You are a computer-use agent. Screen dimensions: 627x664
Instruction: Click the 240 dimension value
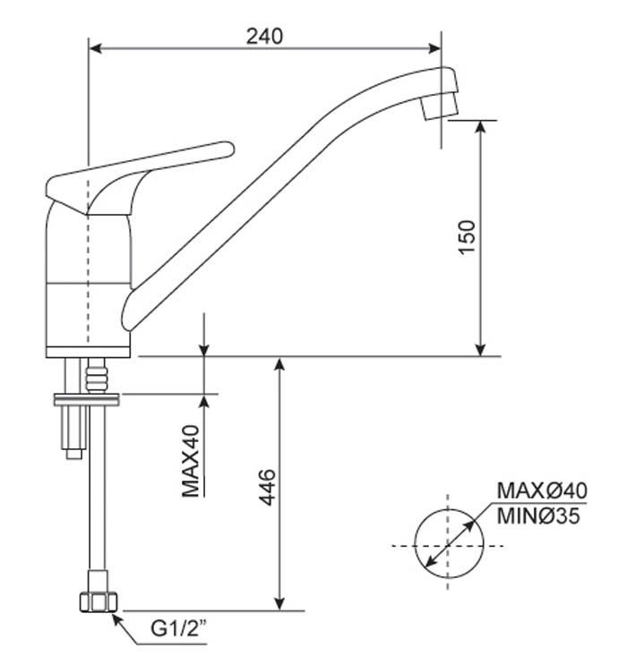[264, 37]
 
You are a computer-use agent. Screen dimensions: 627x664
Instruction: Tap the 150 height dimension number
[467, 237]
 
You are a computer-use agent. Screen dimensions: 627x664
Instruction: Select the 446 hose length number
[267, 488]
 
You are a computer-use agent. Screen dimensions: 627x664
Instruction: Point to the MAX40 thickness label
[191, 461]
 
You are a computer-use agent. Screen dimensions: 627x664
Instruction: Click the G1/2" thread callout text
[179, 628]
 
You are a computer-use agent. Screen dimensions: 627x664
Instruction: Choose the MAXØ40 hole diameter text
[542, 490]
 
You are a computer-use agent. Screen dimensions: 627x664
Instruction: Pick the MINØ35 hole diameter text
[538, 516]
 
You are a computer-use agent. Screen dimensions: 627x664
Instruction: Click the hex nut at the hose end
[99, 602]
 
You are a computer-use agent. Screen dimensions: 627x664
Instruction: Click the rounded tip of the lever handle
[228, 149]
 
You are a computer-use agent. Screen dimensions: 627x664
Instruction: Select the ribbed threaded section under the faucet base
[97, 376]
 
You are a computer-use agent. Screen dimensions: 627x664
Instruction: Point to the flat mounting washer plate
[87, 399]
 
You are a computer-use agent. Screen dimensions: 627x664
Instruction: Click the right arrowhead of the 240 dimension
[435, 48]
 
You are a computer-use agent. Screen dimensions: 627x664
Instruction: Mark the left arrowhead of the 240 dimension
[95, 48]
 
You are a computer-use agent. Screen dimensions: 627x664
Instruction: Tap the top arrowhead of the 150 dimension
[480, 126]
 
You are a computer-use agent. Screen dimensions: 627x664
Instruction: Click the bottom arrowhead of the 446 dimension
[279, 604]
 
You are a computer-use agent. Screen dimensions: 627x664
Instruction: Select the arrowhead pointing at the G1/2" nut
[117, 619]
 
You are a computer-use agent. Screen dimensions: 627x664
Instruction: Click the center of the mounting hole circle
[449, 546]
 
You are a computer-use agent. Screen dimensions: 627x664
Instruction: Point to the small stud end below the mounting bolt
[73, 454]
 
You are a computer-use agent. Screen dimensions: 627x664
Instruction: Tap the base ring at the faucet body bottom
[88, 353]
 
